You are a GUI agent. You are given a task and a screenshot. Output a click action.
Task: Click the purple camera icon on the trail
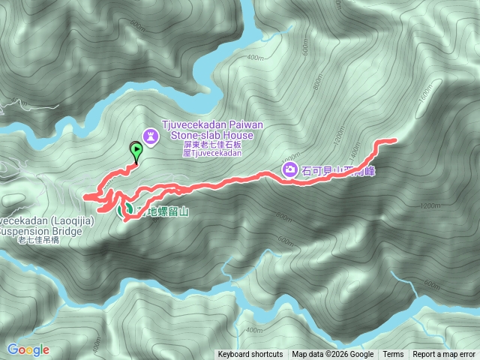[x=289, y=170]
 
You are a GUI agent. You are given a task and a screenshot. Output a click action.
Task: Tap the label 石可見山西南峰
[x=337, y=171]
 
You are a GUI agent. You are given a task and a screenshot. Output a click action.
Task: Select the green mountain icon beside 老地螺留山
[x=122, y=211]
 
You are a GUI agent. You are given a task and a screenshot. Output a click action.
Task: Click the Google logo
[x=28, y=349]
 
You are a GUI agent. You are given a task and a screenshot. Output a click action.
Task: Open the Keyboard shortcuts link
[x=250, y=355]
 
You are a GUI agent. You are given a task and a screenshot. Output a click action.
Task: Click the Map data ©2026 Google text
[x=333, y=355]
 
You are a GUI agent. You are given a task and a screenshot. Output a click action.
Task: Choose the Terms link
[x=393, y=355]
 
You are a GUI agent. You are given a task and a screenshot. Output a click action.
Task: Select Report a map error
[x=445, y=355]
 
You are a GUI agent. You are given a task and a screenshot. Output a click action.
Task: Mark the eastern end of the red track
[x=394, y=140]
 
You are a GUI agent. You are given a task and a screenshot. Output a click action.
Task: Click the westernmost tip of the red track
[x=85, y=196]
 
